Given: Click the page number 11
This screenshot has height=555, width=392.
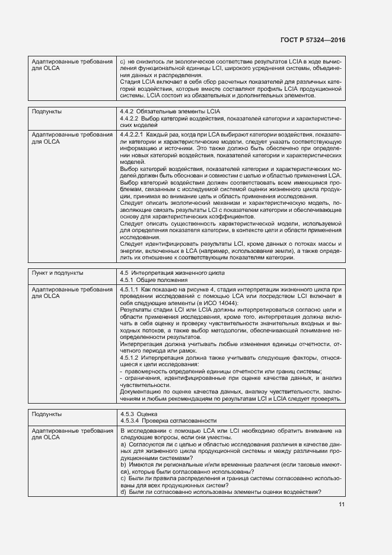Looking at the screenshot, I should coord(342,505).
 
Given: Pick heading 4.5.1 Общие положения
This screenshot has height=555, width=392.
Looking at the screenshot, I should coord(150,280).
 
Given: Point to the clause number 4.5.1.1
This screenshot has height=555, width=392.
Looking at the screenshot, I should coord(129,289).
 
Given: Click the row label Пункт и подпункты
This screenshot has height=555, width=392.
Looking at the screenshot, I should coord(58,273).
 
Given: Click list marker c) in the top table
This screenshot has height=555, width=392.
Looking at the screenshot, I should coord(123,61).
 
